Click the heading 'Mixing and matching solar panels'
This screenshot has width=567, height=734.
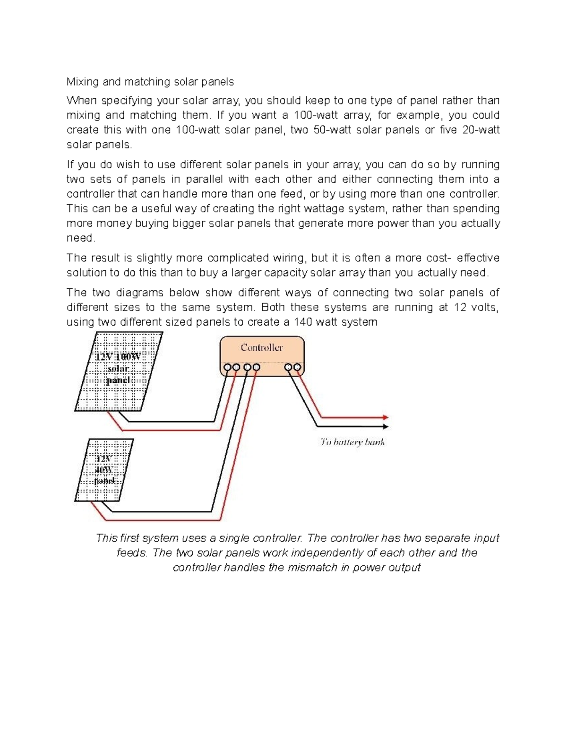coord(150,82)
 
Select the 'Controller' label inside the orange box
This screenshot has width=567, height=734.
coord(262,348)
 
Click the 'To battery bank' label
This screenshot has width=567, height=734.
coord(352,442)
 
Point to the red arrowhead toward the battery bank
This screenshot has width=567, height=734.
coord(386,417)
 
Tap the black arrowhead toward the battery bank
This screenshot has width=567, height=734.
coord(386,427)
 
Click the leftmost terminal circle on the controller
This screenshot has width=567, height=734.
coord(227,367)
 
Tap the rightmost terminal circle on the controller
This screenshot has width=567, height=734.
coord(297,367)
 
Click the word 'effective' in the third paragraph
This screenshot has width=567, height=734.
coord(478,258)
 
